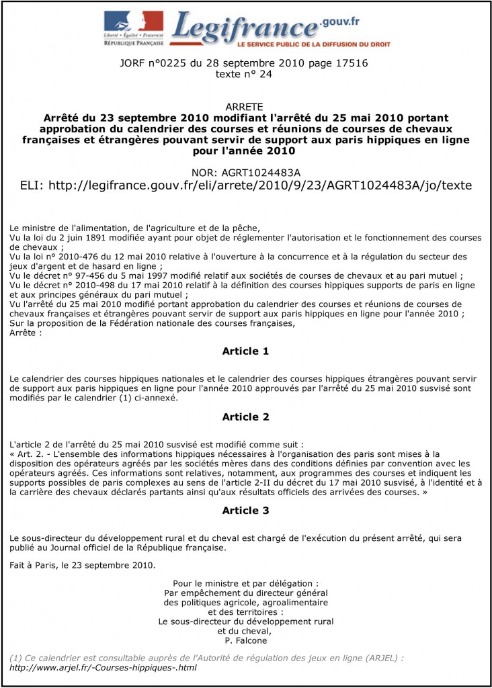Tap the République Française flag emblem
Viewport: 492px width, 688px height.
133,21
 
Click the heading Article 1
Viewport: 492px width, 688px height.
245,351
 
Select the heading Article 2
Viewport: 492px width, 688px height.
245,417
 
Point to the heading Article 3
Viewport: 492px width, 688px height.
245,511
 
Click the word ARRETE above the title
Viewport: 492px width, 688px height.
245,107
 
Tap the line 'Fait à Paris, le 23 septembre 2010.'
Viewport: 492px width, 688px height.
83,565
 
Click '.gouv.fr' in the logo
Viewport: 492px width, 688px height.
340,21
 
